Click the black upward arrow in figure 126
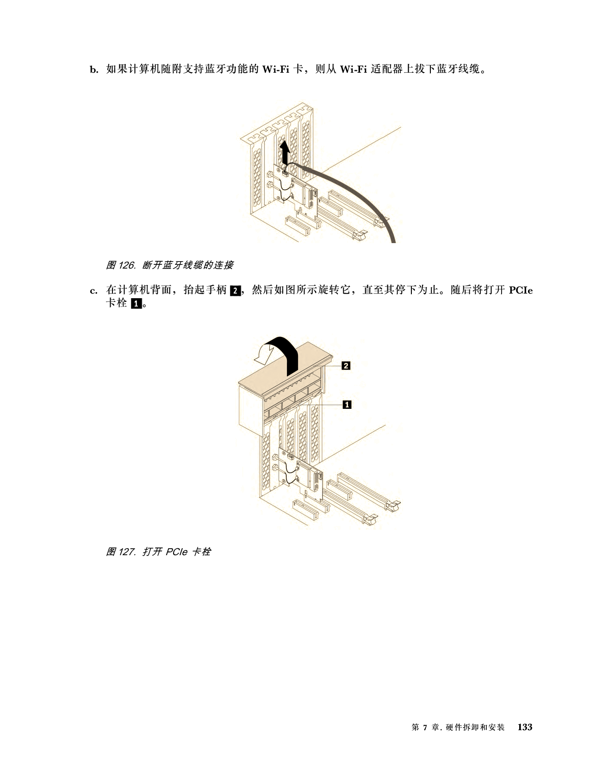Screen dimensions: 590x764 coord(285,153)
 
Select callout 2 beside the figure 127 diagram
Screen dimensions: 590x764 coord(346,366)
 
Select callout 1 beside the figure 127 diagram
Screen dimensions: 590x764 coord(347,405)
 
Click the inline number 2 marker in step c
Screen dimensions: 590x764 coord(235,291)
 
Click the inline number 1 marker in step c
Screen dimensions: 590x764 coord(136,304)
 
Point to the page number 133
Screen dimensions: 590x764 coord(525,727)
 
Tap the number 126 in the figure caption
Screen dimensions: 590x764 coord(127,265)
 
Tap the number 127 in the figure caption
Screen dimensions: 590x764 coord(127,551)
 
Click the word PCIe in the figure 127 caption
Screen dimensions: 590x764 coord(177,551)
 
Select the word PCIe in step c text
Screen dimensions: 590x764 coord(521,290)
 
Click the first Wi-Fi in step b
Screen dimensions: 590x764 coord(276,69)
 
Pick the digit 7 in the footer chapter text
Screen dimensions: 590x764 coord(425,727)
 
